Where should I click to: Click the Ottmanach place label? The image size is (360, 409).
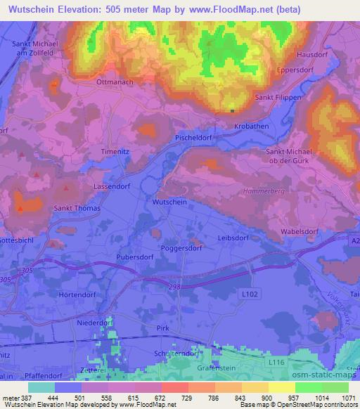pos(110,82)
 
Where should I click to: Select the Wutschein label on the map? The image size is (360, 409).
pos(169,202)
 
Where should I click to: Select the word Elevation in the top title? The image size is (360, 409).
pos(71,8)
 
